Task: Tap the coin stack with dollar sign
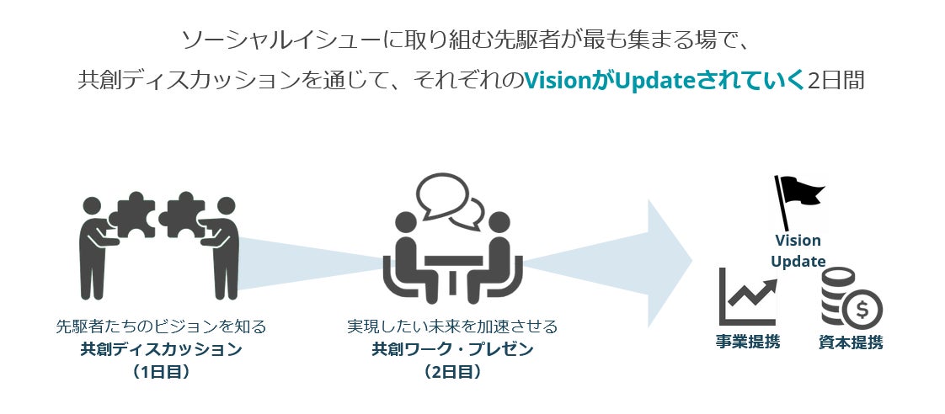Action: (x=849, y=299)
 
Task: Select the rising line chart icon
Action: (x=746, y=297)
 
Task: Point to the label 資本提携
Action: (x=851, y=342)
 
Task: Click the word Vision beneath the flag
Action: (x=798, y=241)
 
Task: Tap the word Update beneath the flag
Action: (x=798, y=261)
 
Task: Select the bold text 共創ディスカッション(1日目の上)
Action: (x=161, y=348)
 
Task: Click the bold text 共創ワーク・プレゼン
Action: (x=452, y=348)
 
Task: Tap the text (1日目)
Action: (x=161, y=371)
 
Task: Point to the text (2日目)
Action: (x=452, y=371)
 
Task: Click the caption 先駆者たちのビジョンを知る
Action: (x=161, y=326)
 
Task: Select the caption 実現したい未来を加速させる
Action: (x=452, y=326)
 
